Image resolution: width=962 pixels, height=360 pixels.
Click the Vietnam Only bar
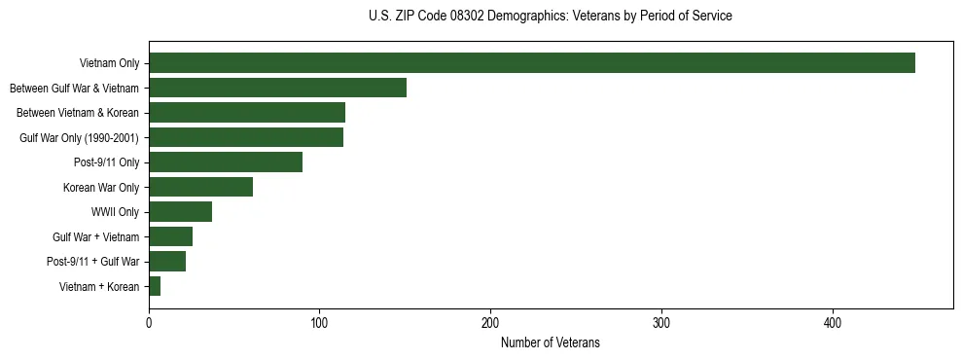[x=532, y=63]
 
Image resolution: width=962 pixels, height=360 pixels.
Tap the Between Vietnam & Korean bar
[x=247, y=113]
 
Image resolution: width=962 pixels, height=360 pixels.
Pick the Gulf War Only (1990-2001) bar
[x=246, y=137]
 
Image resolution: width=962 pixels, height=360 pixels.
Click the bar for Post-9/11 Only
[x=226, y=162]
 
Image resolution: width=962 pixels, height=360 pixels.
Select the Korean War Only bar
[x=200, y=187]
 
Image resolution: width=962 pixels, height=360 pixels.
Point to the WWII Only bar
[x=180, y=212]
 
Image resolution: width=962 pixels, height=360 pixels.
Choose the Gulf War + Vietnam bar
[x=170, y=236]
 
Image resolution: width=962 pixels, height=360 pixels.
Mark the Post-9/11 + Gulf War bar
[x=167, y=261]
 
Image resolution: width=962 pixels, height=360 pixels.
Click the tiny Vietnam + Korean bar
[x=155, y=286]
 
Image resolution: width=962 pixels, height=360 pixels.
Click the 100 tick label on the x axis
[x=319, y=322]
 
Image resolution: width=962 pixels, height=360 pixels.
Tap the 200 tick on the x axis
[x=490, y=322]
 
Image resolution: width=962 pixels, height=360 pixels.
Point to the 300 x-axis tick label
[x=661, y=322]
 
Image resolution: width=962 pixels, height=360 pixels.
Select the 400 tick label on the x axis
[x=833, y=322]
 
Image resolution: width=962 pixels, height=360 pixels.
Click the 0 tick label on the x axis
[x=149, y=322]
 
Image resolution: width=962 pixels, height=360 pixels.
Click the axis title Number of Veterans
[x=551, y=342]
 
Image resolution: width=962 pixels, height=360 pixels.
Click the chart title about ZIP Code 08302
[x=551, y=17]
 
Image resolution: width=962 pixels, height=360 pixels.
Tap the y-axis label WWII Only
[x=115, y=212]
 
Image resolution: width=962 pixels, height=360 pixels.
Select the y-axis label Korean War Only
[x=101, y=187]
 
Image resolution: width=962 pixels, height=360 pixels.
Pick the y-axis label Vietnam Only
[x=109, y=63]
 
